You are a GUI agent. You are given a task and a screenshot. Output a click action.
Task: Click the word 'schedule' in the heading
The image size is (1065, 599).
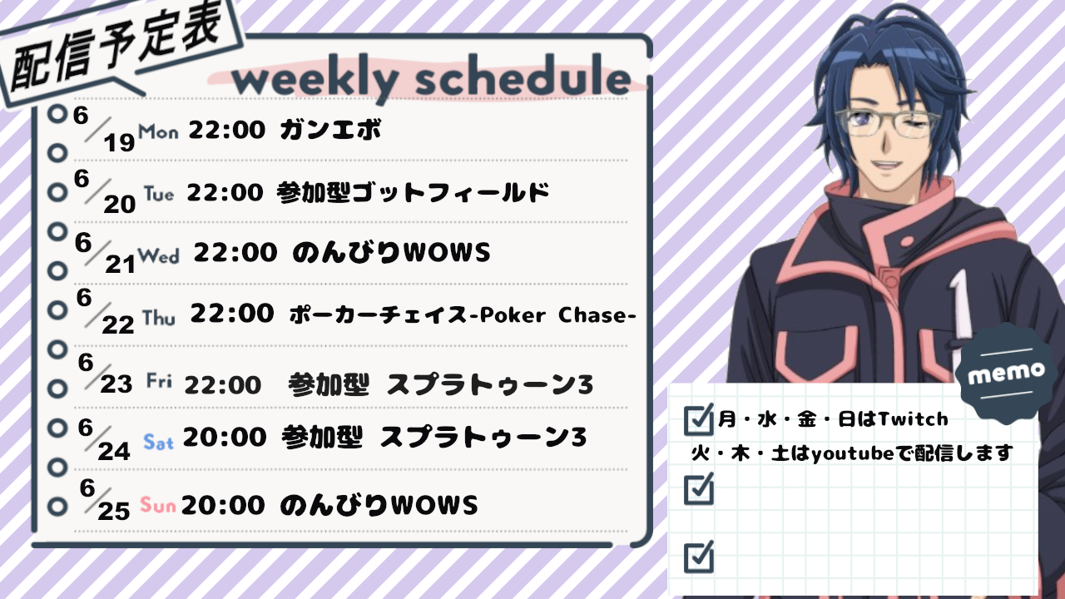click(523, 76)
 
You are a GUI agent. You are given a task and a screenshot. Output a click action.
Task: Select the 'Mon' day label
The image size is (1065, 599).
click(158, 131)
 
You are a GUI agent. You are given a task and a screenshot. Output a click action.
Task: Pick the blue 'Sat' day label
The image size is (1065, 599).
click(158, 443)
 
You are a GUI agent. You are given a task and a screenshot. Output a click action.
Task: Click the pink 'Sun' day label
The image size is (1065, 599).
click(158, 504)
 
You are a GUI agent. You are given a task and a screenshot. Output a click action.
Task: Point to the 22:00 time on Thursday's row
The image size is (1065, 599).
click(232, 314)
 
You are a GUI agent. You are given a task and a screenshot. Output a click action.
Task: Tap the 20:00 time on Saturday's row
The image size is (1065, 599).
click(225, 437)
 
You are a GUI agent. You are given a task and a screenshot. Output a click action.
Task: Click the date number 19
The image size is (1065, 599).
click(119, 142)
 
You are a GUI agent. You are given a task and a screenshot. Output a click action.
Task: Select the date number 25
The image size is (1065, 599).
click(114, 512)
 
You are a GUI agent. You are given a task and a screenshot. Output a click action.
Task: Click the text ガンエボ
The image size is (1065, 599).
click(330, 129)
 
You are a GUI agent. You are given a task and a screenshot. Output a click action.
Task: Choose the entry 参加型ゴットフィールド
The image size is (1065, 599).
click(413, 192)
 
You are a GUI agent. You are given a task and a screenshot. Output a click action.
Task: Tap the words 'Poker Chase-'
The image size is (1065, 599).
click(557, 315)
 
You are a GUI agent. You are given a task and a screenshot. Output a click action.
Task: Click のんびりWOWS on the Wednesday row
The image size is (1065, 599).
click(391, 252)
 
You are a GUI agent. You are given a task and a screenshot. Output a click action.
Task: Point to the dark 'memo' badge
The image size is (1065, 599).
click(1006, 374)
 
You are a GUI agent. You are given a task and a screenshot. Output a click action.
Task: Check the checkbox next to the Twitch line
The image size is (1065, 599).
click(698, 419)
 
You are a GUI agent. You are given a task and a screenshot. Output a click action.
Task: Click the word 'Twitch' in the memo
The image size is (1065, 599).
click(914, 418)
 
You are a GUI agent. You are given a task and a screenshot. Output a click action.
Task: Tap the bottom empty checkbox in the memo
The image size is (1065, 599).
click(698, 557)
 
